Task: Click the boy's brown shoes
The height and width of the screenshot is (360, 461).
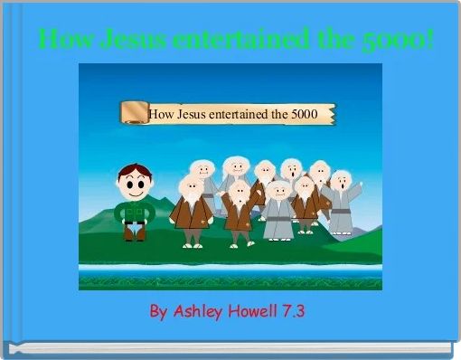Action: tap(135, 236)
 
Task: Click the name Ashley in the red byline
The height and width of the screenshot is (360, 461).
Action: tap(198, 312)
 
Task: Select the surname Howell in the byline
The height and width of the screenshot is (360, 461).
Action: tap(254, 312)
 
